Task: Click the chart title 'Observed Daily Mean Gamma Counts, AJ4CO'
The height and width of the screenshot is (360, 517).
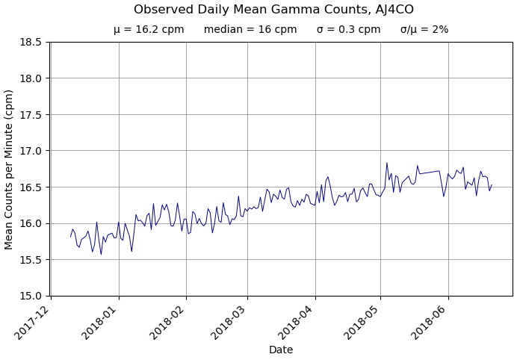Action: click(x=273, y=10)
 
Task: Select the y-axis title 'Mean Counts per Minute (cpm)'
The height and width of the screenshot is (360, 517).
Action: click(x=10, y=170)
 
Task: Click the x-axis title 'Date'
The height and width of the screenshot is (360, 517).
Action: click(x=281, y=350)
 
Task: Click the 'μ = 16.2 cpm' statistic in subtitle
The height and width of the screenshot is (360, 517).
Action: click(x=149, y=30)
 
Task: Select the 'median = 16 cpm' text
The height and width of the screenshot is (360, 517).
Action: click(x=250, y=30)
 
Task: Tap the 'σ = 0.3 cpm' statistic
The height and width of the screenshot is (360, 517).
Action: click(x=348, y=30)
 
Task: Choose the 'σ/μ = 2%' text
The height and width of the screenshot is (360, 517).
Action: click(x=424, y=30)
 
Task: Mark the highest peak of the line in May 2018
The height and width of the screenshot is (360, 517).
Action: click(x=387, y=163)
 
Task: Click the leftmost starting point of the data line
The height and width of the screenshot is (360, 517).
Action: click(x=71, y=237)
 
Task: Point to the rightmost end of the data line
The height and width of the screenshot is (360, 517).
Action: click(x=492, y=184)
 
